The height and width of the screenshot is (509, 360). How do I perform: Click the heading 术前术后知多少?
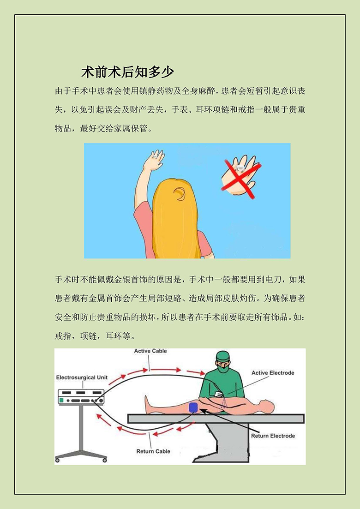click(127, 72)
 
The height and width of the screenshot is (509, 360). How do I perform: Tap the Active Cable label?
click(150, 351)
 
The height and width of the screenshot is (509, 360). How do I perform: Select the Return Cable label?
click(153, 451)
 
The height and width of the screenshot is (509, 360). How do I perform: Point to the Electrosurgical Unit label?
click(82, 377)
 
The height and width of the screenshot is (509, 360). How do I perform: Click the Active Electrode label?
click(273, 373)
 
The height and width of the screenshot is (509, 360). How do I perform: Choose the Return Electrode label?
click(273, 436)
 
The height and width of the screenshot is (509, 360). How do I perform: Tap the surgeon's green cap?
click(223, 356)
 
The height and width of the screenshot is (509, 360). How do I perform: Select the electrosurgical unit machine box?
click(81, 397)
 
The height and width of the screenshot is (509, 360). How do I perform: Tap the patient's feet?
click(148, 404)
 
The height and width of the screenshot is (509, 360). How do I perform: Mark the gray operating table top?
click(216, 419)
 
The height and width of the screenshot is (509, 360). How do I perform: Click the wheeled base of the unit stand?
click(81, 456)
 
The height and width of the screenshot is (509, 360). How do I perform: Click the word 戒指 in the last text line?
click(63, 336)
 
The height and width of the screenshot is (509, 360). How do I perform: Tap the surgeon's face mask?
click(223, 368)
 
